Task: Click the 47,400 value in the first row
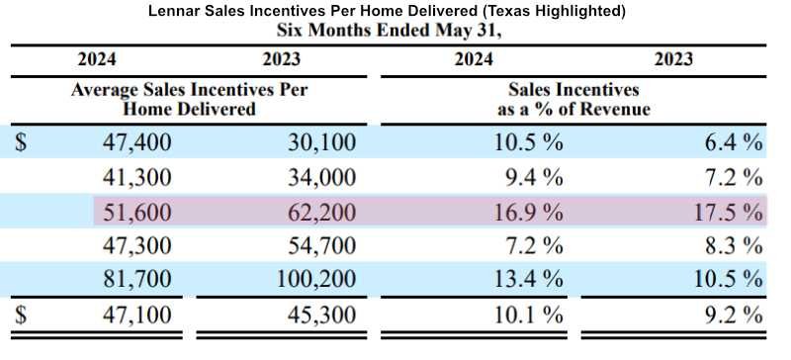click(136, 142)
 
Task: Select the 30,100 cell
click(322, 142)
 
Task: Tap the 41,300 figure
click(136, 178)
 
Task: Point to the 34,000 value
click(322, 178)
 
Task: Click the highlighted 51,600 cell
click(136, 212)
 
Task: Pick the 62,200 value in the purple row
click(322, 212)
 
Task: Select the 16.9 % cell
click(528, 211)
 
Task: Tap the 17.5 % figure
click(728, 211)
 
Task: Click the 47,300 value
click(136, 245)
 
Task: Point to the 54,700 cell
click(322, 245)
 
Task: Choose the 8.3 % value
click(734, 245)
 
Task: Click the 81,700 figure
click(136, 279)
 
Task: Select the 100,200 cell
click(316, 279)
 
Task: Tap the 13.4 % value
click(528, 278)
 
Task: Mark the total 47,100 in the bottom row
click(136, 315)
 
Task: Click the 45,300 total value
click(322, 315)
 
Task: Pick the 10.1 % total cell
click(528, 315)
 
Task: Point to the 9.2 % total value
click(734, 315)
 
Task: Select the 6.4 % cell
click(734, 142)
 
